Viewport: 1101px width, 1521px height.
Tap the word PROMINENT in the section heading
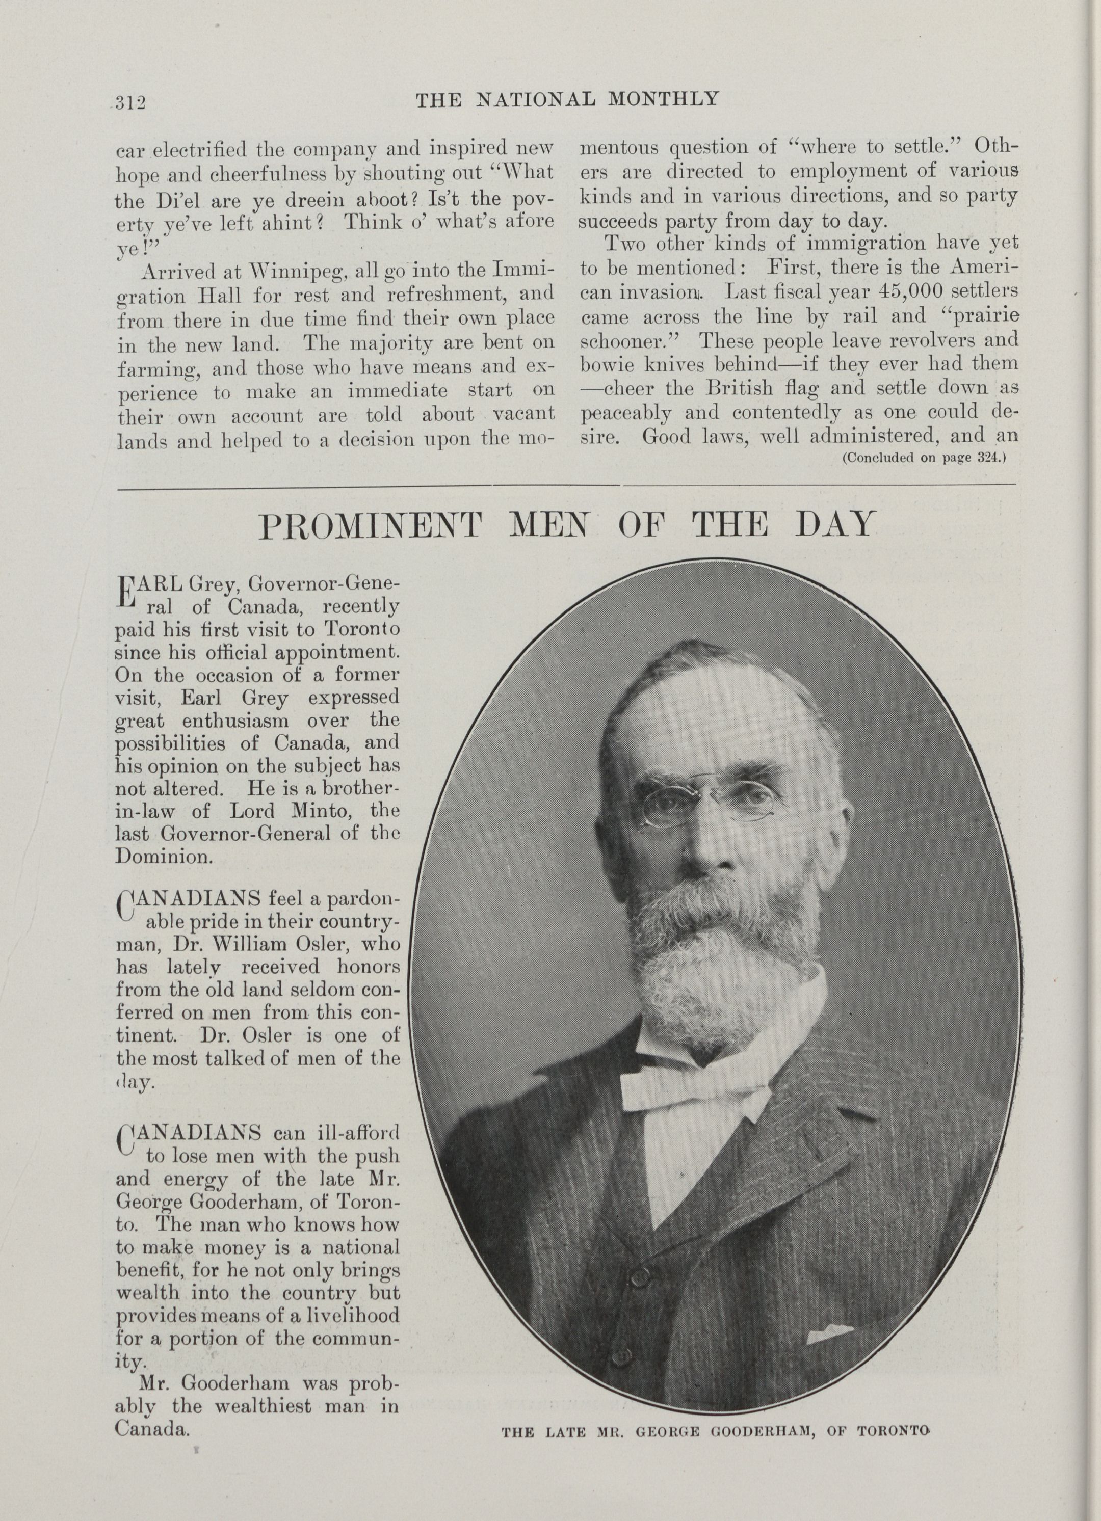pyautogui.click(x=371, y=526)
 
